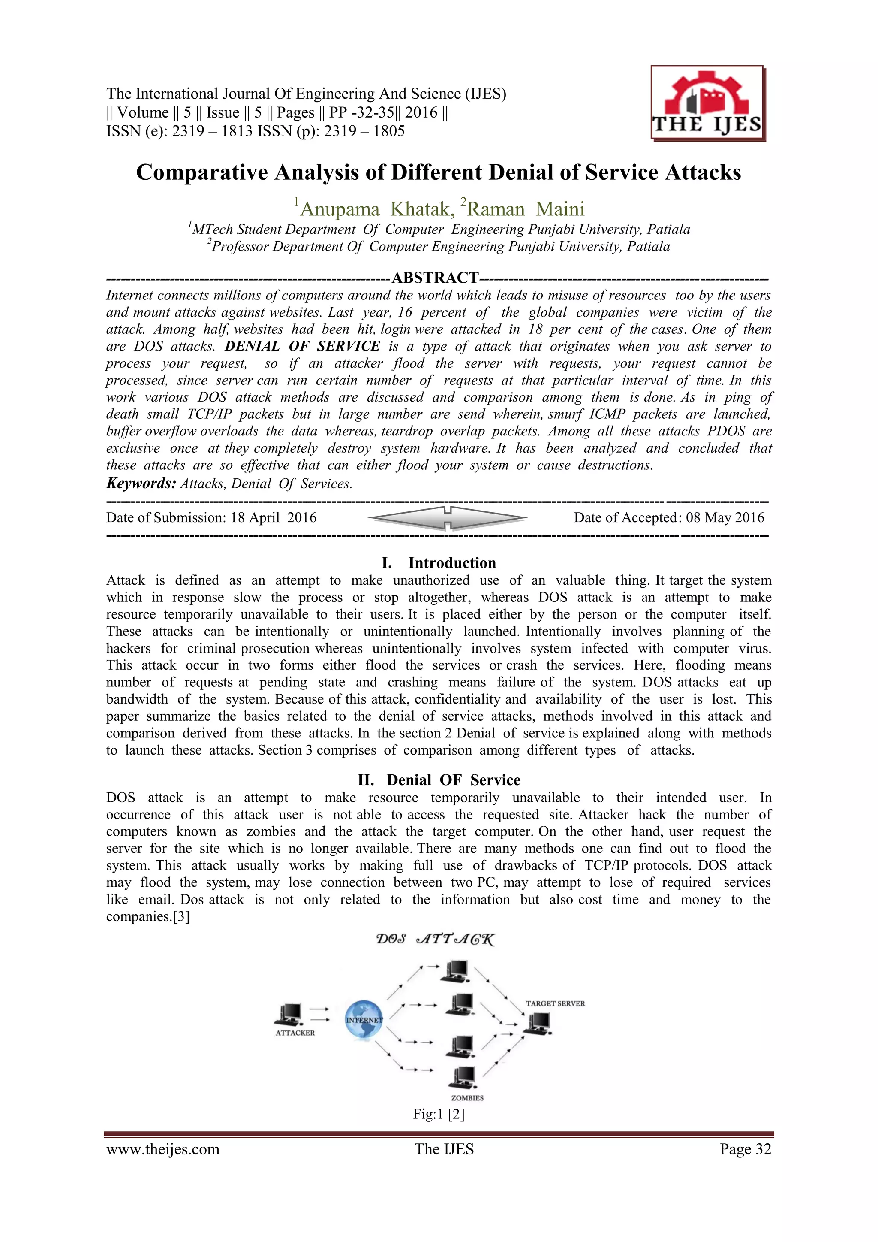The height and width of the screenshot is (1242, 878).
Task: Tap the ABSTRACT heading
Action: (x=435, y=278)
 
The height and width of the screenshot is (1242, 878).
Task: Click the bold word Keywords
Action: (x=141, y=483)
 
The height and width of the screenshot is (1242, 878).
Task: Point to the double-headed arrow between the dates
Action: (x=447, y=518)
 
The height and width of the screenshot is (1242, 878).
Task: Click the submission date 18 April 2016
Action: (x=273, y=518)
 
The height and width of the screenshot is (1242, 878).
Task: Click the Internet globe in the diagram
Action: (x=364, y=1020)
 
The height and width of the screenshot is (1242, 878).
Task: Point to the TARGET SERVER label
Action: (x=555, y=1003)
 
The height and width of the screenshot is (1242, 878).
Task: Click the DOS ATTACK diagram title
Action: (x=435, y=939)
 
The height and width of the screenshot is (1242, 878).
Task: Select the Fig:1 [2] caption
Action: (x=439, y=1114)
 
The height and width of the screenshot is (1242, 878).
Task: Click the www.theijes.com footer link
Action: (x=163, y=1149)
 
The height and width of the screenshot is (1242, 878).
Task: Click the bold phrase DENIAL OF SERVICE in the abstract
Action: (x=302, y=346)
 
